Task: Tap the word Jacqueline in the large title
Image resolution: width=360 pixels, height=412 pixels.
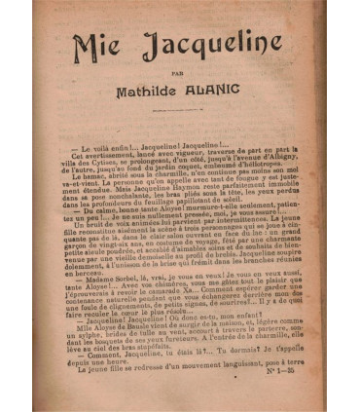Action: point(203,47)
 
